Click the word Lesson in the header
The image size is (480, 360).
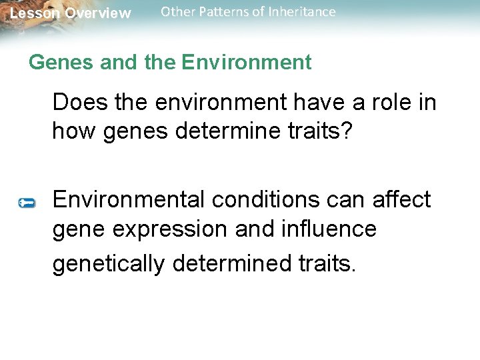35,13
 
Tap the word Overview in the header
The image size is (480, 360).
98,13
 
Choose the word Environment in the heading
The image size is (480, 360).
246,63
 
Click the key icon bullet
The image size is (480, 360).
27,202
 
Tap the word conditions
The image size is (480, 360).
272,199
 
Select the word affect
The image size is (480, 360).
400,199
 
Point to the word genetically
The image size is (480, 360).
108,264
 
